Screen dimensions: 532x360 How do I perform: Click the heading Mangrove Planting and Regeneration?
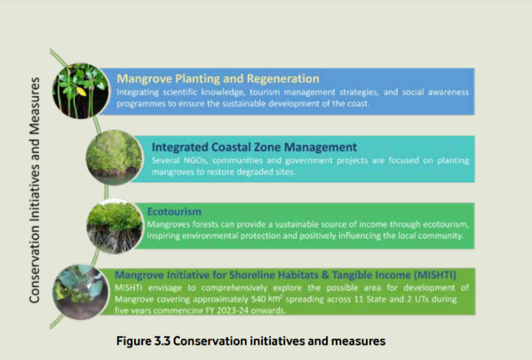point(218,79)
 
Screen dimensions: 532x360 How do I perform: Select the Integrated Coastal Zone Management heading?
point(254,147)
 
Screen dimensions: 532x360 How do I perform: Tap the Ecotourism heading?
point(174,212)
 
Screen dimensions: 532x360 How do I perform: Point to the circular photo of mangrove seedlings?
point(81,91)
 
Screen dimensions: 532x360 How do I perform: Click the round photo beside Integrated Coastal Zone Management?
point(115,157)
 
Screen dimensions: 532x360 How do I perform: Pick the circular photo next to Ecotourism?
point(115,226)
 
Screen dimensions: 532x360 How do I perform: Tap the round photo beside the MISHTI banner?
point(81,292)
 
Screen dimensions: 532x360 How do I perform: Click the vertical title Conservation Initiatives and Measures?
point(35,190)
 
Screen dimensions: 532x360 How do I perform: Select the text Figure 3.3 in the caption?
point(142,341)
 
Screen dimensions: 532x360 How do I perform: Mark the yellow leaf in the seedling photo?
point(82,91)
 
